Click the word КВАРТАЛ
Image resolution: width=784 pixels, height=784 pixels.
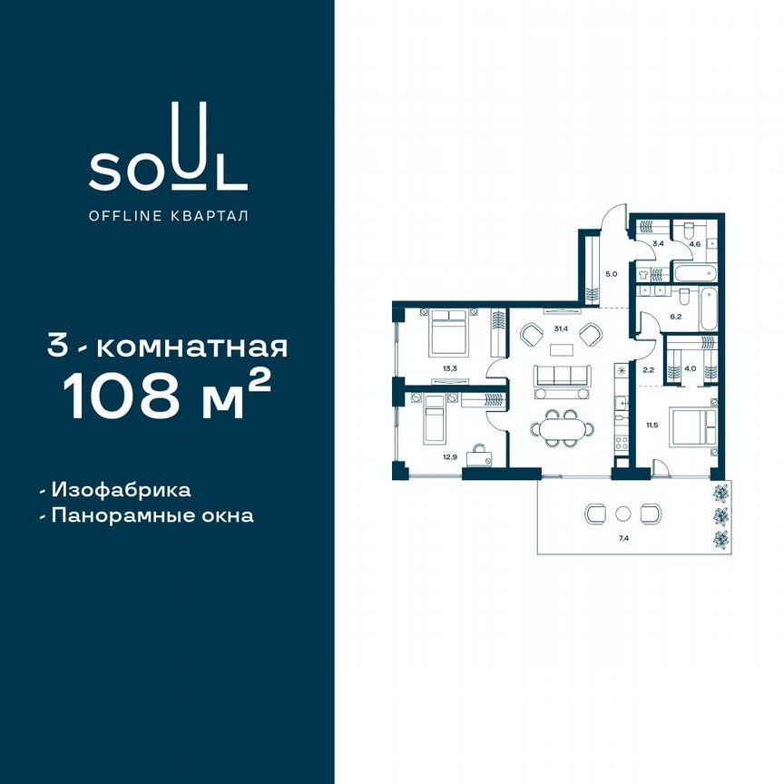tap(213, 216)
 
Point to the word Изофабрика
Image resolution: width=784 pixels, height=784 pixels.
tap(122, 490)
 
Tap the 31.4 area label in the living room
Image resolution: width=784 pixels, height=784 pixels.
tap(561, 328)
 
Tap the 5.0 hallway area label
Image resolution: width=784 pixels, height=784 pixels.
tap(612, 272)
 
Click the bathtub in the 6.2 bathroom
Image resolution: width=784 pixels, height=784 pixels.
tap(697, 273)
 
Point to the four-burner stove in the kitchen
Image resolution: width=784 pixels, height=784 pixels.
tap(622, 445)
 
